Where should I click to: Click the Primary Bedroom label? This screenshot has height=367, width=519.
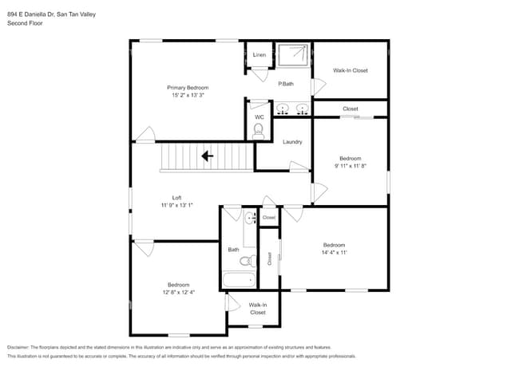188,87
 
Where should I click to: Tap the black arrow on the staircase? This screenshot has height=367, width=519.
207,156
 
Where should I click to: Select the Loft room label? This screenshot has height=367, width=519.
176,198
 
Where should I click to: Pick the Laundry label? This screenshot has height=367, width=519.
292,142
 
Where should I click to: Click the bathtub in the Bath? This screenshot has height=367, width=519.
238,280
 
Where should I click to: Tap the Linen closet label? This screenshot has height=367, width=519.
259,55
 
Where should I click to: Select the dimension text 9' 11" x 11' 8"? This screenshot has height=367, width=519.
350,166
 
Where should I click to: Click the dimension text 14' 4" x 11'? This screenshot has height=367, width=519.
334,253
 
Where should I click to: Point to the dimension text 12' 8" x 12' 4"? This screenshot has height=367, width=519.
178,293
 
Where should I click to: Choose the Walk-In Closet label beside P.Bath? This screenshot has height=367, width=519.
350,71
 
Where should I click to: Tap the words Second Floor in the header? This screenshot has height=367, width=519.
25,23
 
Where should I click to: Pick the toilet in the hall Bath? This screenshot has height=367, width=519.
248,259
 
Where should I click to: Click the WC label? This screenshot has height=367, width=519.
259,117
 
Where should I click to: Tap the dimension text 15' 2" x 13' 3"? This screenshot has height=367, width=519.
188,95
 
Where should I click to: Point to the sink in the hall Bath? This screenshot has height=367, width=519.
250,217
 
